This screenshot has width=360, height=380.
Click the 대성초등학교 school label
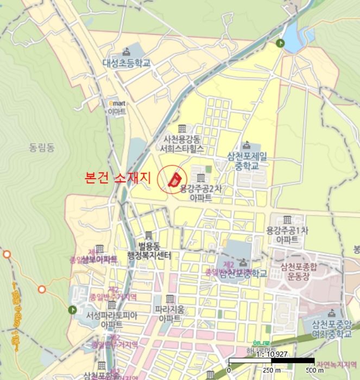tap(127, 63)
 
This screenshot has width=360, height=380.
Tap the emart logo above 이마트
tap(117, 103)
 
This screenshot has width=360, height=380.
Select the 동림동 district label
tap(42, 146)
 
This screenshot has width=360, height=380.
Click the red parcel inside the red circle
tap(174, 179)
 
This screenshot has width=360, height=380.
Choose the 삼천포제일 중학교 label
tap(247, 160)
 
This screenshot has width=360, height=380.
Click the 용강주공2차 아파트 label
tap(201, 193)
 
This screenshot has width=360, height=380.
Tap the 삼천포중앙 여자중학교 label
tap(332, 330)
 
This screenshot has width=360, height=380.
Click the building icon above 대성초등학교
tap(127, 52)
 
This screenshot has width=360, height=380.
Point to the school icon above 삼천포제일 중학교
tap(247, 145)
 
